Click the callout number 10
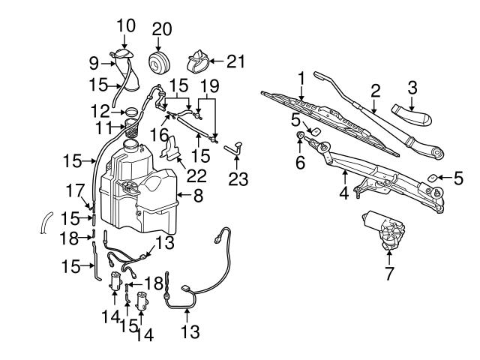[x=126, y=25]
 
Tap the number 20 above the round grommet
[x=161, y=29]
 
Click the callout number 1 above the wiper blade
[x=301, y=77]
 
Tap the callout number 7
[x=388, y=274]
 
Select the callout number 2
[x=375, y=91]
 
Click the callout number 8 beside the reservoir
[x=198, y=197]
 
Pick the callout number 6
[x=300, y=162]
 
